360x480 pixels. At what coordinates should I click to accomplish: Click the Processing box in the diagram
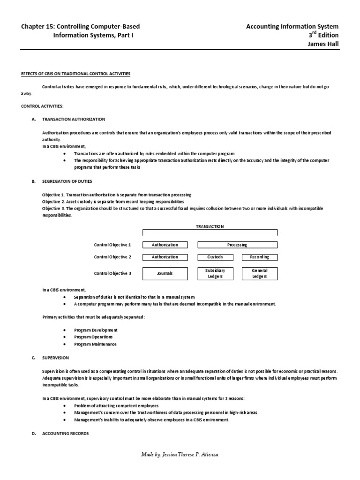coord(237,245)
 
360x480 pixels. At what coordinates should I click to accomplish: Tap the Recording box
coord(259,257)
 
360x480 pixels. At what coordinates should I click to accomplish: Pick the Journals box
coord(165,273)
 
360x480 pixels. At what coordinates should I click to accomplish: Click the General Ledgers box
coord(259,273)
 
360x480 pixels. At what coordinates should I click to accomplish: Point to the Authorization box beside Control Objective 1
coord(165,245)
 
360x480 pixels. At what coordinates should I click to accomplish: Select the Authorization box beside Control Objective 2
coord(165,257)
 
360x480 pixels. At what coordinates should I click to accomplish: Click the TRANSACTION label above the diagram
coord(210,226)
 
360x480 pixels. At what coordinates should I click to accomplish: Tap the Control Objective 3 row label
coord(112,273)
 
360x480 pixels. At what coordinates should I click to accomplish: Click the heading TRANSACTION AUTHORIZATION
coord(74,120)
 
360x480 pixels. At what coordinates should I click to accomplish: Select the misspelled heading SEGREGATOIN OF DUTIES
coord(67,181)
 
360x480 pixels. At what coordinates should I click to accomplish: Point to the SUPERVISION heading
coord(55,358)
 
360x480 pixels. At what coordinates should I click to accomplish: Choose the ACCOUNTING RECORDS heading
coord(65,434)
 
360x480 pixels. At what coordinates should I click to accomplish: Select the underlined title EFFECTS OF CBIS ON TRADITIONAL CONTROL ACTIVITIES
coord(75,74)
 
